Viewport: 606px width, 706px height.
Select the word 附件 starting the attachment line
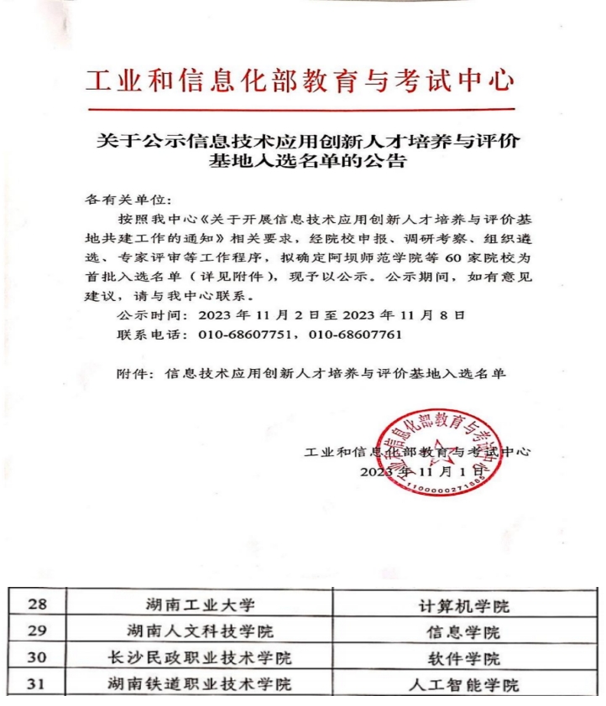[x=131, y=372]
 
